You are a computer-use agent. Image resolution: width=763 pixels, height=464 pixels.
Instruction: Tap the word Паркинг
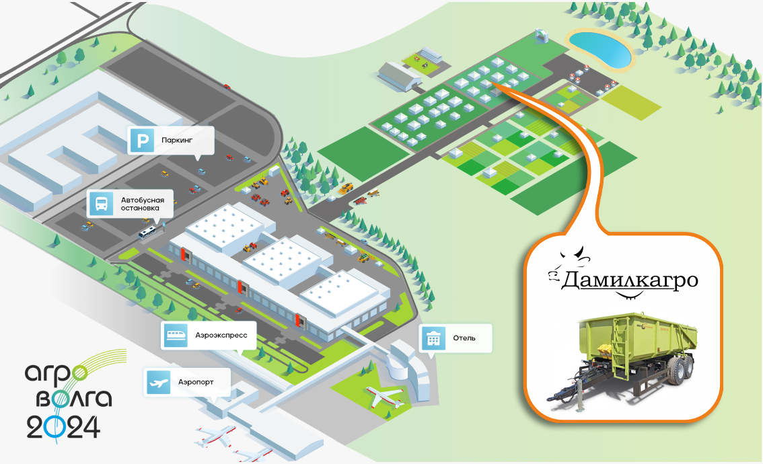pyautogui.click(x=177, y=142)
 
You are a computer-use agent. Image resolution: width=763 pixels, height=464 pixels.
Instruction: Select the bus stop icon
pyautogui.click(x=101, y=204)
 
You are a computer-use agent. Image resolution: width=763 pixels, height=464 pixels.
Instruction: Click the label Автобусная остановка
pyautogui.click(x=142, y=204)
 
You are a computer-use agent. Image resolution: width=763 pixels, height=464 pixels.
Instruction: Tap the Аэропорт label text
pyautogui.click(x=196, y=382)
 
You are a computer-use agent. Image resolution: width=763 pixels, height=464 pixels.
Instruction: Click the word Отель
pyautogui.click(x=464, y=338)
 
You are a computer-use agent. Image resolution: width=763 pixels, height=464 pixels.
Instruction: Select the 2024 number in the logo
pyautogui.click(x=63, y=427)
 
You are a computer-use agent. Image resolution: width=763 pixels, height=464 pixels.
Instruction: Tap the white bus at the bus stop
pyautogui.click(x=149, y=233)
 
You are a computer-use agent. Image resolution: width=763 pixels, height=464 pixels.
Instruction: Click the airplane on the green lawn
pyautogui.click(x=384, y=397)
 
